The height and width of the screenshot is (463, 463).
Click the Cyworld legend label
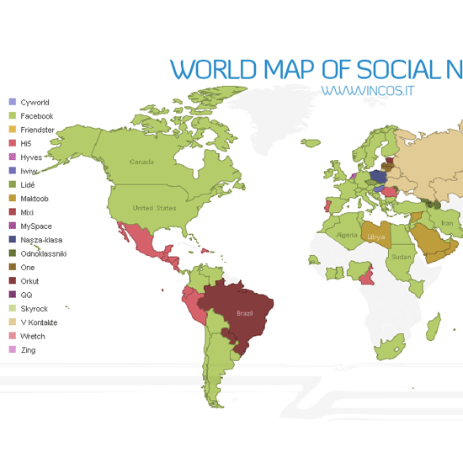tap(35, 102)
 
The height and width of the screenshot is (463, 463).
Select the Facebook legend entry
tap(36, 116)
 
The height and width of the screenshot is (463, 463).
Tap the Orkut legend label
tap(29, 281)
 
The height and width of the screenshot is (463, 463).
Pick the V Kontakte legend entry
tap(39, 322)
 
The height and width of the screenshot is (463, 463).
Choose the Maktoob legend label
tap(35, 199)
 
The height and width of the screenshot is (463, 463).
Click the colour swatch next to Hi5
tap(11, 144)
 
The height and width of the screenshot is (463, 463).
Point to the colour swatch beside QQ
tap(11, 295)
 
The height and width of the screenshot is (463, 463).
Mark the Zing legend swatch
tap(11, 350)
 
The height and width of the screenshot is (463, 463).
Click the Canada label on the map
tap(141, 162)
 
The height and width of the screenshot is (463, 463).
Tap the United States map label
tap(154, 208)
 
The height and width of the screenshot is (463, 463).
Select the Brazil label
tap(243, 313)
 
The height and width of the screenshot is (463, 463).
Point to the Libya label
tap(375, 237)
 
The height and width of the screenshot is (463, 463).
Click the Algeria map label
tap(347, 235)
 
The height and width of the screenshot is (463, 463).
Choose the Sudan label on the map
tap(402, 257)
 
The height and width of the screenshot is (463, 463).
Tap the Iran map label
tap(446, 223)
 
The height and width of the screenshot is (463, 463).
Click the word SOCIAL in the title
tap(400, 69)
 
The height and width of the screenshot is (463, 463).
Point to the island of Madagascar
tap(432, 326)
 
